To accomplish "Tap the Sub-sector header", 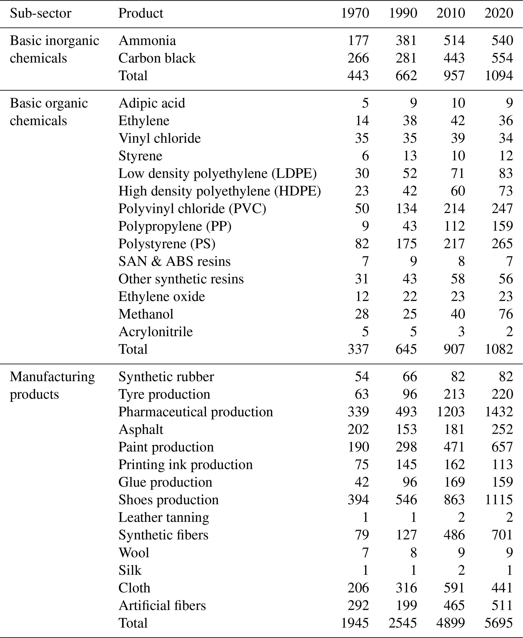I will (41, 13).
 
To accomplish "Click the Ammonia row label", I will (147, 41).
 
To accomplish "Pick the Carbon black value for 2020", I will (502, 58).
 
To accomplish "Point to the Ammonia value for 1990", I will (406, 41).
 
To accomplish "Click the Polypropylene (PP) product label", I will (175, 226).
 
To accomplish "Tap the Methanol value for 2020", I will (506, 314).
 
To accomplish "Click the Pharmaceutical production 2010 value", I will (451, 412).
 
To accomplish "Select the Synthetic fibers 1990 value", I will (406, 535).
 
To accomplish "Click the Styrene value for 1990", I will (410, 156).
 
